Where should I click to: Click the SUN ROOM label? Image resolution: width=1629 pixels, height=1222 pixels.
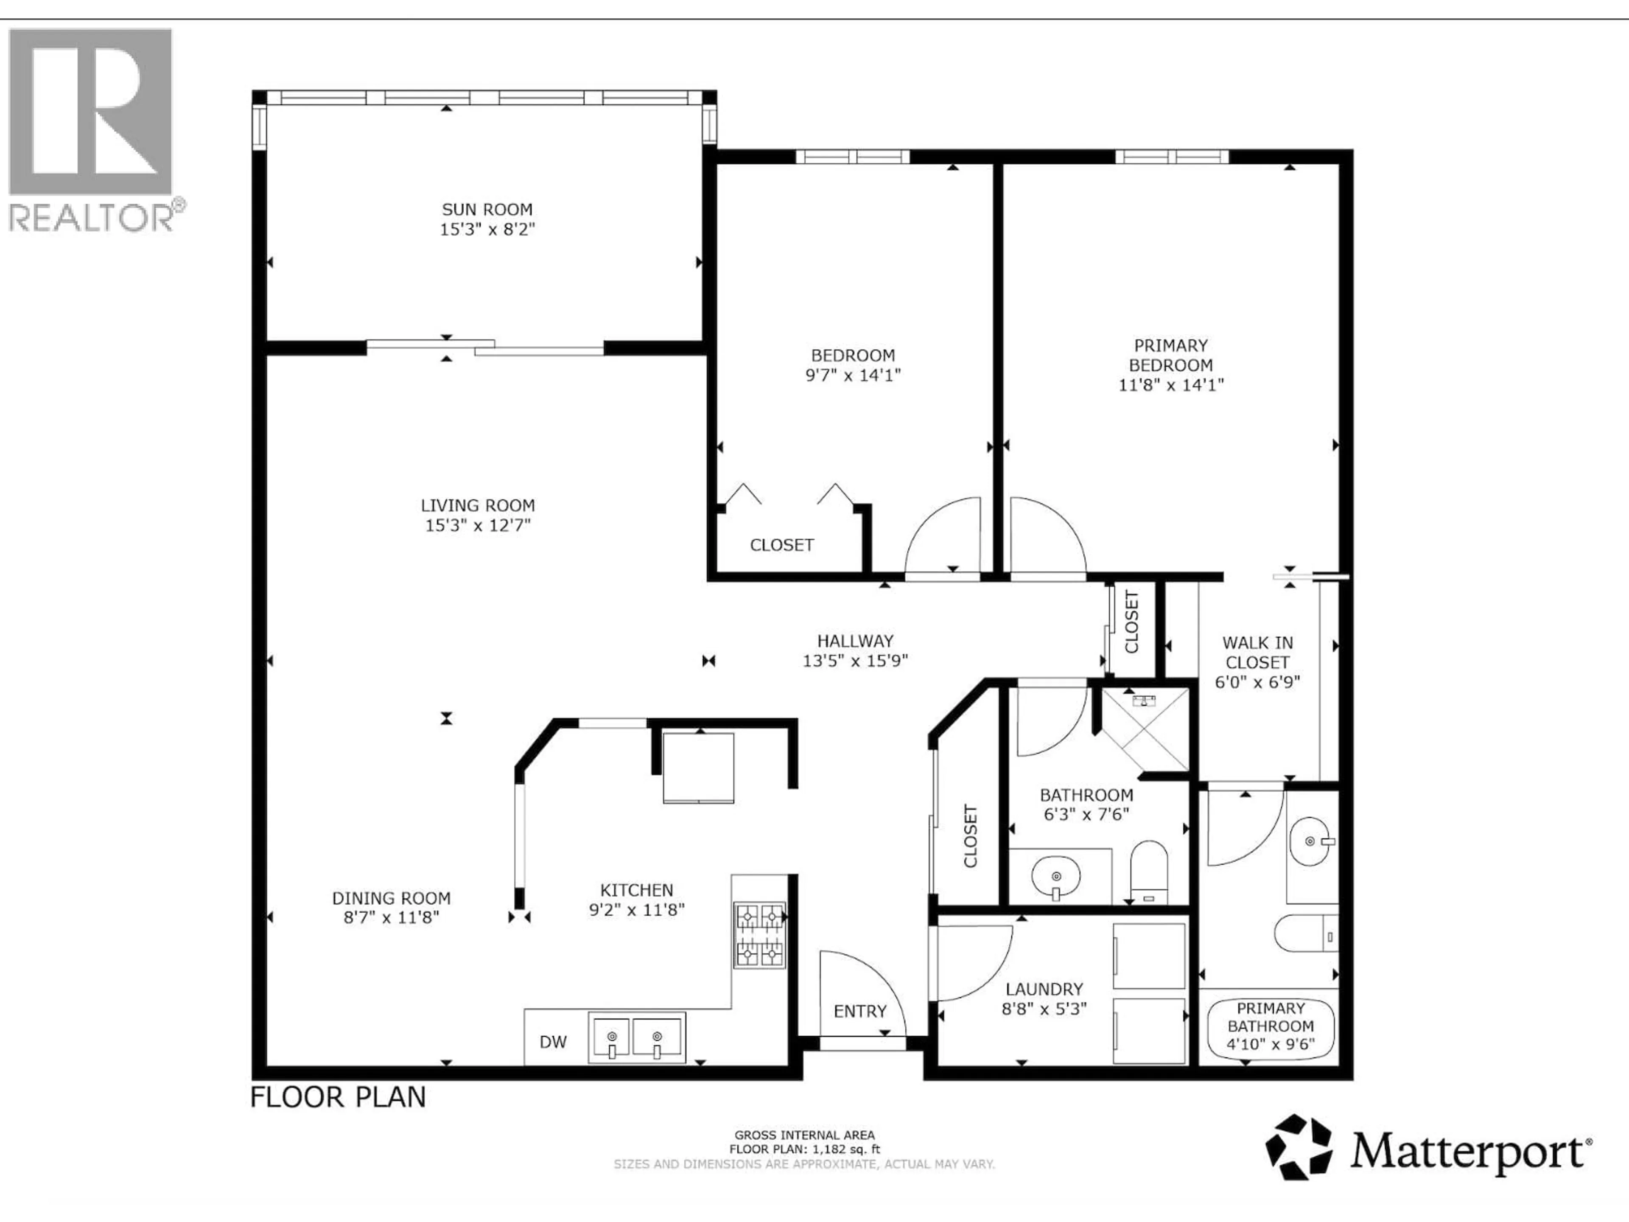(x=487, y=209)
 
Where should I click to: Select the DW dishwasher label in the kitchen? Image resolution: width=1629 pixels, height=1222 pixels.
(x=553, y=1042)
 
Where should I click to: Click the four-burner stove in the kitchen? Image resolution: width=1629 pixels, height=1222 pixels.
(x=759, y=935)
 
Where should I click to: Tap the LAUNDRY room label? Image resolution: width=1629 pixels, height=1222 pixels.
(x=1044, y=989)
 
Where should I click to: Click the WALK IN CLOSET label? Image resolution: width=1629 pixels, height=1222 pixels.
(x=1257, y=653)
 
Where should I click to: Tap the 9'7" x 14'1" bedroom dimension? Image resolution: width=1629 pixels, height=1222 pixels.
(x=853, y=375)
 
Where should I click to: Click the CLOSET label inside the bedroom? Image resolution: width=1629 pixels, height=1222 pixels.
(x=781, y=545)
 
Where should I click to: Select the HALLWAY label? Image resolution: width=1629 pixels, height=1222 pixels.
(x=855, y=641)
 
